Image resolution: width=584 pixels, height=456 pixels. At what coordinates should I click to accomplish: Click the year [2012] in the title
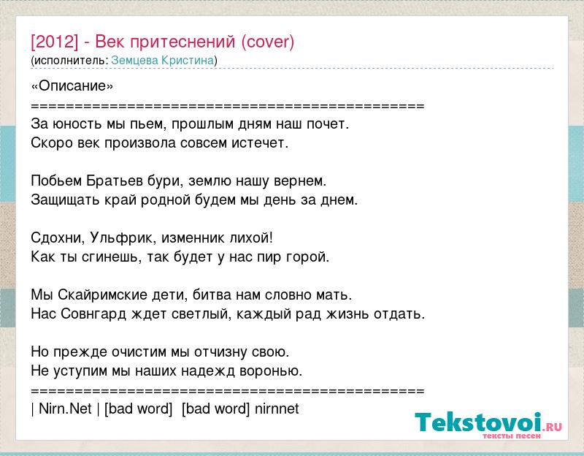55,42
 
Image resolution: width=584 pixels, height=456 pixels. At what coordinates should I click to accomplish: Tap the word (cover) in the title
268,42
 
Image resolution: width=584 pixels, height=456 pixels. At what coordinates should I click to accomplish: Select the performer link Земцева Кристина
163,61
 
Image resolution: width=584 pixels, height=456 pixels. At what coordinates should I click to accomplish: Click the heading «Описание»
72,86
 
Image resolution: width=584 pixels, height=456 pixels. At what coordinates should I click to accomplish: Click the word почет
328,123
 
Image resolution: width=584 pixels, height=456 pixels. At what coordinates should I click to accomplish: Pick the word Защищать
65,200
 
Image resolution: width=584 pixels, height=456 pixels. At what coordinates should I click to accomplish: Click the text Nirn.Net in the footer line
65,408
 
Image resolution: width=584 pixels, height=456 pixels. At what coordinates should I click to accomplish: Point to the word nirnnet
277,408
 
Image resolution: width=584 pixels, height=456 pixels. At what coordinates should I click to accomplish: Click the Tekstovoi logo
488,425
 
